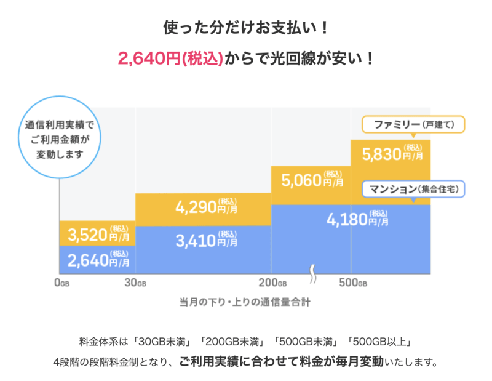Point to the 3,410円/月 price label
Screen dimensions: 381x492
coord(203,239)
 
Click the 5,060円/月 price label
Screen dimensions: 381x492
coord(311,180)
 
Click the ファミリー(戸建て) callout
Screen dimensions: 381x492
coord(413,124)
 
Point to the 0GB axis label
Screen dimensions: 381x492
coord(61,284)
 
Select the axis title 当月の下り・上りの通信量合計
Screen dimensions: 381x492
coord(245,303)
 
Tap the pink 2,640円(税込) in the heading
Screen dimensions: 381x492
coord(170,58)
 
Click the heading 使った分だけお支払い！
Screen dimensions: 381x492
coord(246,28)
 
